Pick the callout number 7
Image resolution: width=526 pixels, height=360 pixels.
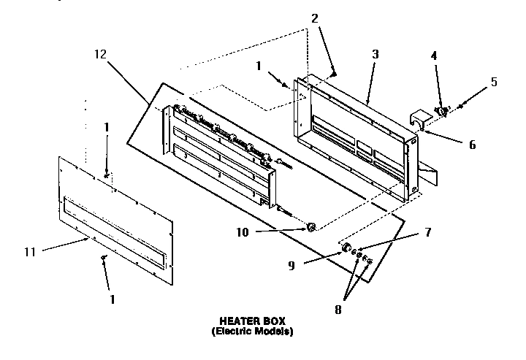(427, 233)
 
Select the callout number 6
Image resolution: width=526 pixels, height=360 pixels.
(472, 145)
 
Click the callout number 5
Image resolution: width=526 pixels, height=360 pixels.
(494, 82)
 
